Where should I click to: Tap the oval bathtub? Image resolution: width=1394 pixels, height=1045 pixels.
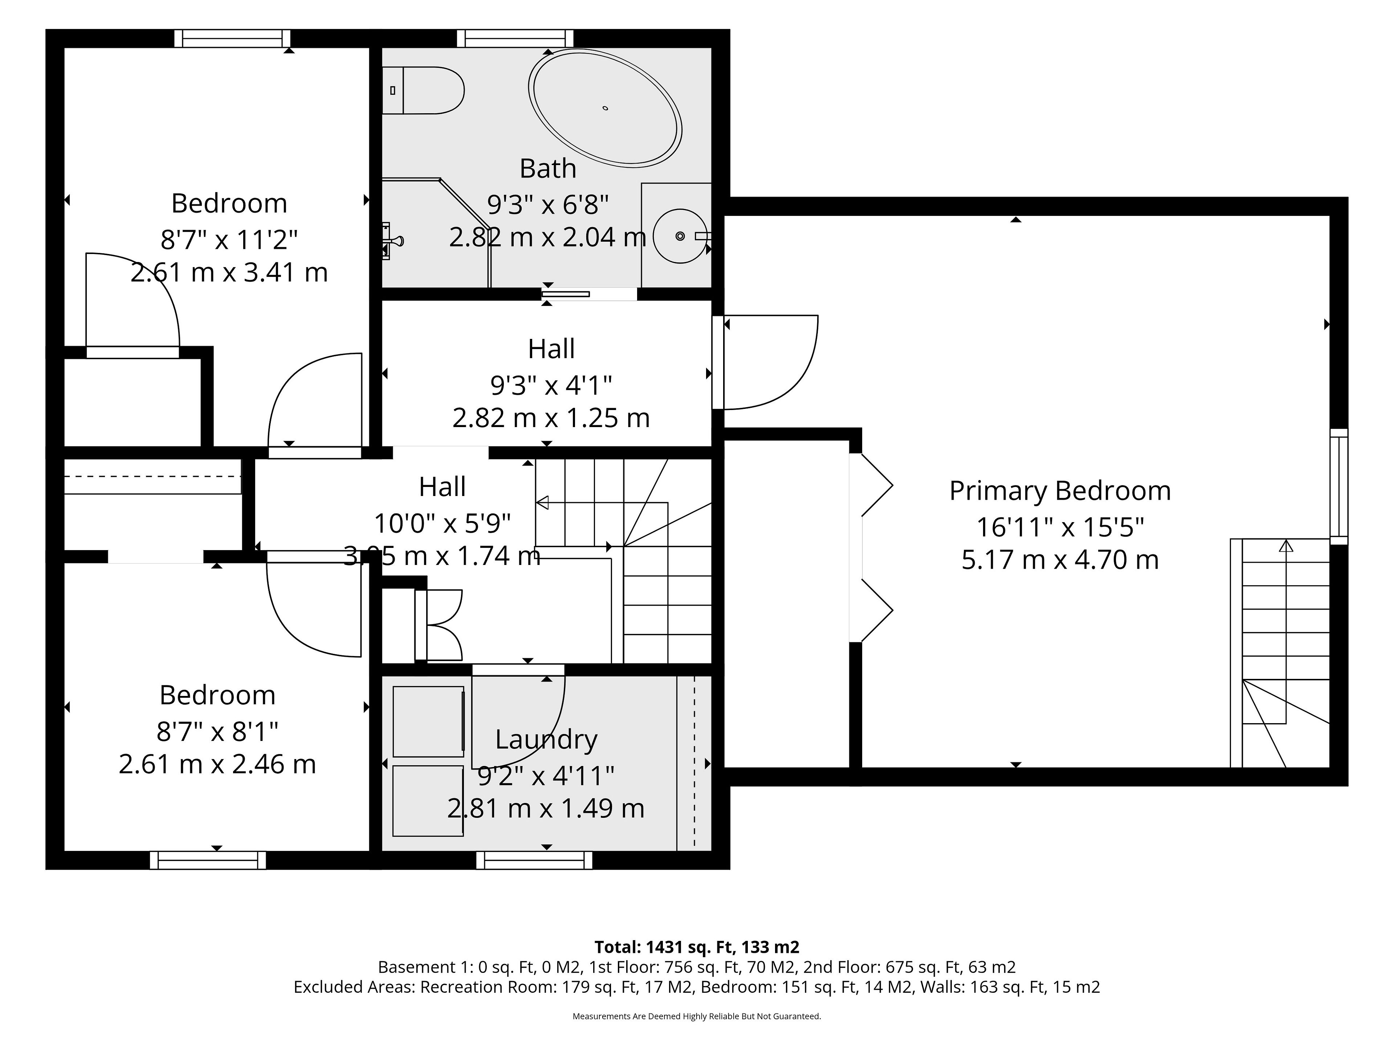[605, 108]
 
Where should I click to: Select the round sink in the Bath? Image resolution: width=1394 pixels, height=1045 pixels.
[680, 236]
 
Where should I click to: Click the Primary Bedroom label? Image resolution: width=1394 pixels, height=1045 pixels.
[1060, 491]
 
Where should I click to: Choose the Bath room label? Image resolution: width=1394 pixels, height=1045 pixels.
[548, 168]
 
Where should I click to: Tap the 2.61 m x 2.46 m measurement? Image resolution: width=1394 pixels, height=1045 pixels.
[217, 764]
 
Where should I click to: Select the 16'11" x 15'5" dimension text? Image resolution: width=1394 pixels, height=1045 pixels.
[1060, 526]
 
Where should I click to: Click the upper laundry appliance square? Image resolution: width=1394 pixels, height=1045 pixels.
[428, 721]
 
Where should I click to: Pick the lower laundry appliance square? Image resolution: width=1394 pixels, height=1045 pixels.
[428, 800]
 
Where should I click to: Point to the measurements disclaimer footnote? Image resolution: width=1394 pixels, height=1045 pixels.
[696, 1016]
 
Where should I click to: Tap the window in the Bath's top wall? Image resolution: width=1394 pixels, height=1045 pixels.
[515, 38]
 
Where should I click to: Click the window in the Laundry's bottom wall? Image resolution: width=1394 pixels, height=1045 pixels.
[534, 860]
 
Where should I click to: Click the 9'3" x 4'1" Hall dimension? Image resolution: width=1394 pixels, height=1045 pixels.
[551, 385]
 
